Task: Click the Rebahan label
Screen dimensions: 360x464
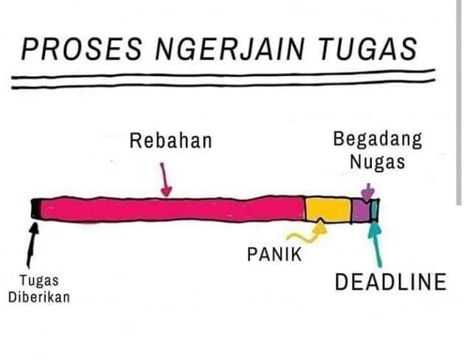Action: click(x=170, y=139)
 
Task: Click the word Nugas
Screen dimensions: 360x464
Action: click(x=377, y=162)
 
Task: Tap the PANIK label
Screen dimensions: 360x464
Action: click(x=274, y=256)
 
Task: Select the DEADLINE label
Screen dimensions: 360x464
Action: click(x=391, y=282)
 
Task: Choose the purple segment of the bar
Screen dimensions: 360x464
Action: click(x=360, y=210)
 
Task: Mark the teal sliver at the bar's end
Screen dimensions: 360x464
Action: click(x=375, y=210)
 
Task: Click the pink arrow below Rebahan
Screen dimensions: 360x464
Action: click(x=167, y=181)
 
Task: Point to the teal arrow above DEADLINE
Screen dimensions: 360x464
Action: click(x=378, y=243)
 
